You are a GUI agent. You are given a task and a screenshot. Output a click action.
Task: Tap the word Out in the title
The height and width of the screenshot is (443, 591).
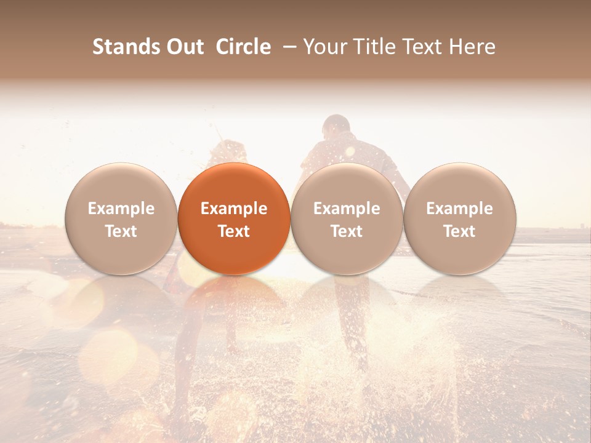click(x=185, y=47)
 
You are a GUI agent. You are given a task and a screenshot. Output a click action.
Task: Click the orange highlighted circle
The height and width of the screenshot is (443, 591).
click(x=234, y=218)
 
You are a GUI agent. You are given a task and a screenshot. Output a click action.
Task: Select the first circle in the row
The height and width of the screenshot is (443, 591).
click(x=121, y=218)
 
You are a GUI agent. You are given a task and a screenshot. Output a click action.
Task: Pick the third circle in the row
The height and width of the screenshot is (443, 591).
click(x=347, y=218)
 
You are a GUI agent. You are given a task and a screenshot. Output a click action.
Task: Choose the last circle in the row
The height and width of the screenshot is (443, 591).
click(x=459, y=218)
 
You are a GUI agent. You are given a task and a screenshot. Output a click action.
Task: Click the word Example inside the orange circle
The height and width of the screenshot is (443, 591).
click(x=234, y=209)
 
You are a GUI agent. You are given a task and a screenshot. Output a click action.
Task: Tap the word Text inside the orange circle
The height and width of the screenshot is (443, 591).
click(x=234, y=231)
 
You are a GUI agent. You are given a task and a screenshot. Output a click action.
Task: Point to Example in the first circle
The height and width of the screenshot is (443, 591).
click(x=121, y=209)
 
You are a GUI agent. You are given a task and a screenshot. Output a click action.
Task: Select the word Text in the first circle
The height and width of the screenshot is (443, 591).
click(x=121, y=231)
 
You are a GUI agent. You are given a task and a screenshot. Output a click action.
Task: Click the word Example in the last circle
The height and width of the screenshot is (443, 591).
click(x=459, y=209)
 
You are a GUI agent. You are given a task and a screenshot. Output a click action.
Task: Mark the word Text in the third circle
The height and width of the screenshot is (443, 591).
click(x=347, y=231)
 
